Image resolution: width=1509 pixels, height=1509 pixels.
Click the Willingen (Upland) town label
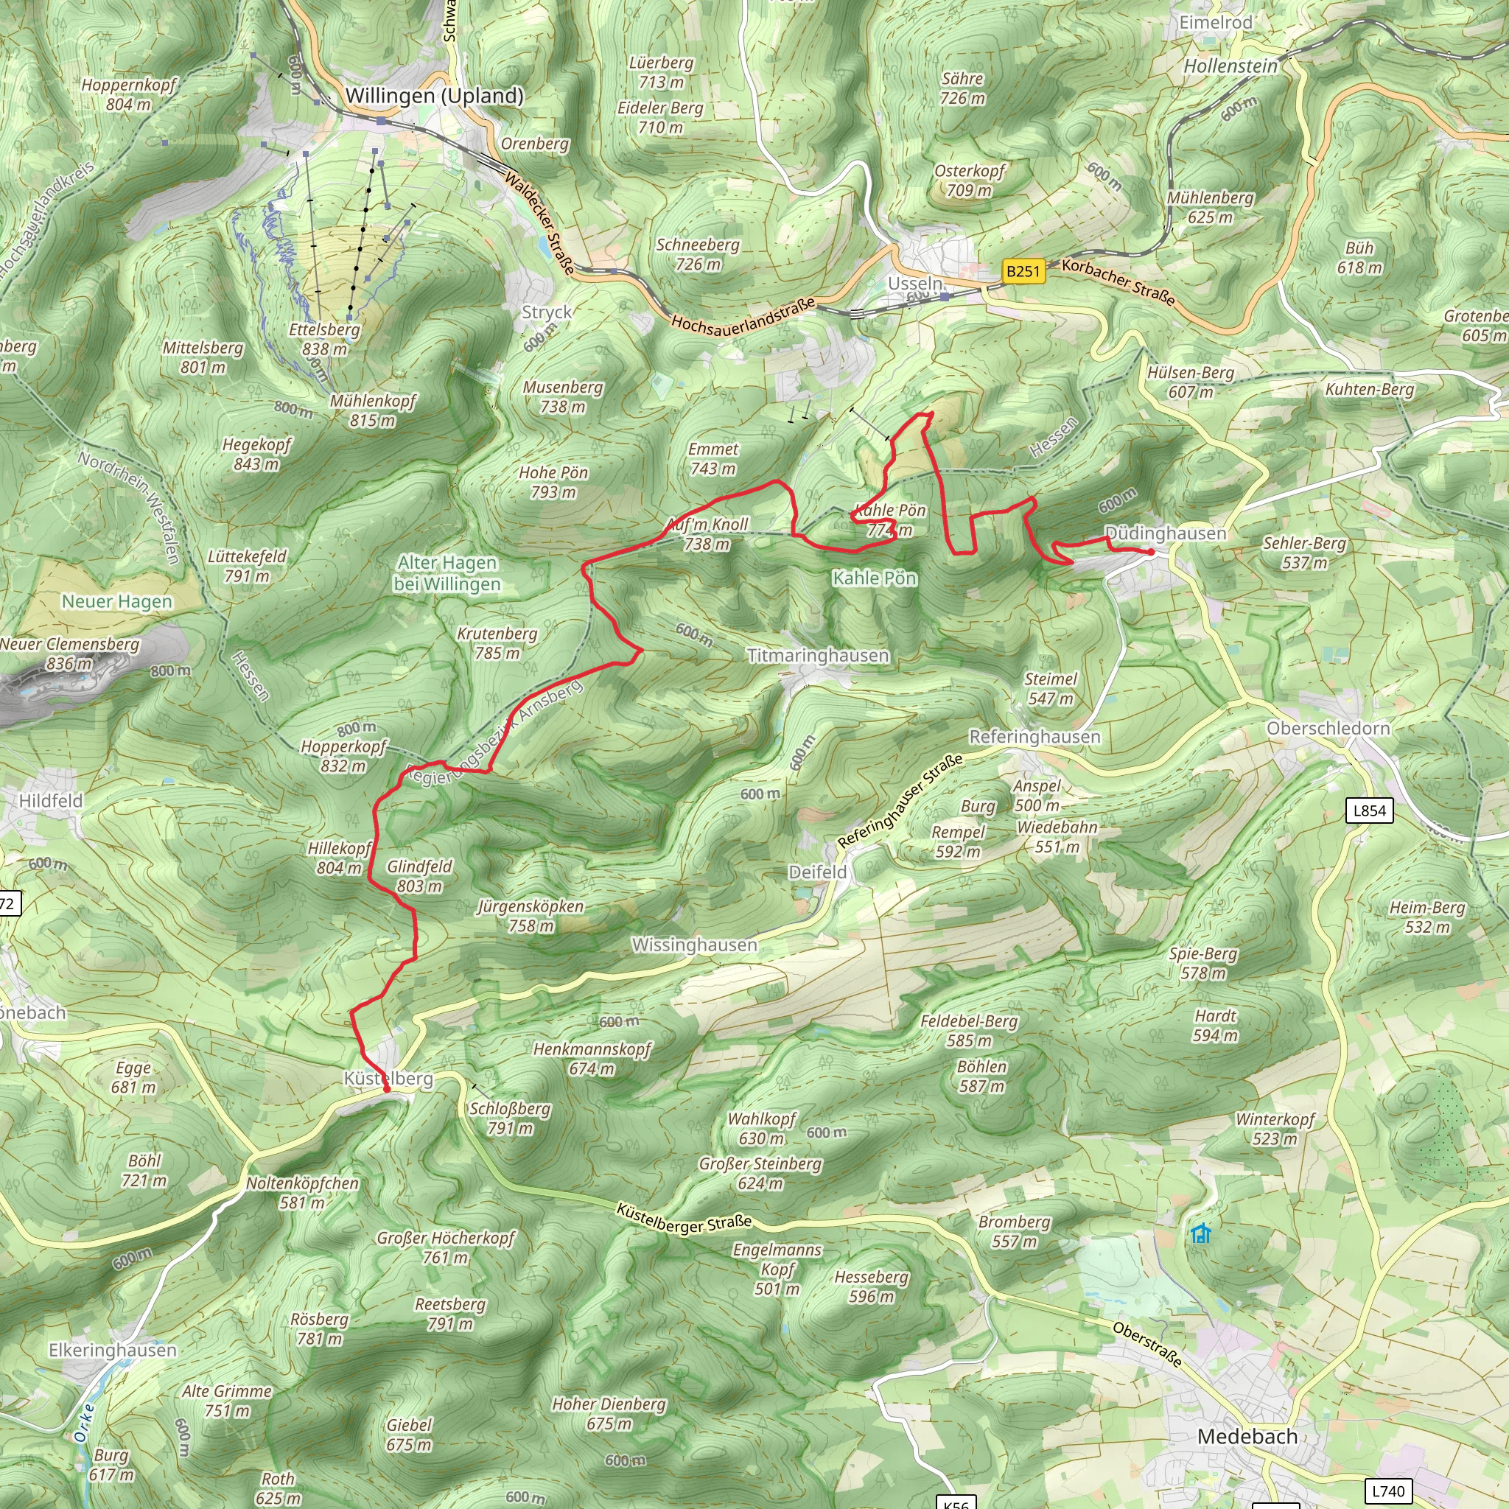click(x=434, y=96)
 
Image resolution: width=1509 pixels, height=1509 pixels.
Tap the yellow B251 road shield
click(x=1023, y=271)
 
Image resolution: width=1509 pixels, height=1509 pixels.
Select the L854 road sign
click(x=1369, y=810)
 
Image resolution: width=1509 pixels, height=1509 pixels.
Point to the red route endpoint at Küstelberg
click(x=387, y=1089)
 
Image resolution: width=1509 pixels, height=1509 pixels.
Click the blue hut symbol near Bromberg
click(x=1200, y=1233)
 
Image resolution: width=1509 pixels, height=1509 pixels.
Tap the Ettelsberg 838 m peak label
click(x=324, y=339)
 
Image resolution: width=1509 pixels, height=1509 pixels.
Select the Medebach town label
click(x=1247, y=1435)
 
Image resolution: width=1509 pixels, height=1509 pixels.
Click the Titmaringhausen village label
click(x=818, y=655)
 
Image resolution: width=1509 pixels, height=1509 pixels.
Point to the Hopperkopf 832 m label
click(x=343, y=755)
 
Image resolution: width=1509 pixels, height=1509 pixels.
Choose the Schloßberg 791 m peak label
click(x=510, y=1118)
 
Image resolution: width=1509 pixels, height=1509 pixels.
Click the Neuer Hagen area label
click(x=117, y=601)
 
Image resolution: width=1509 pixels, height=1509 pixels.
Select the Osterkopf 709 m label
click(x=970, y=181)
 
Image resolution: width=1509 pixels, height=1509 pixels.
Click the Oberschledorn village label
click(x=1328, y=728)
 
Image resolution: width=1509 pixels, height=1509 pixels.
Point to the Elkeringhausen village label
click(x=113, y=1350)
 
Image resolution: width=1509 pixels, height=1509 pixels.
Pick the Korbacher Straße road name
click(x=1118, y=282)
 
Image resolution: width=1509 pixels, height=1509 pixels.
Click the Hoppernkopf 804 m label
click(x=129, y=94)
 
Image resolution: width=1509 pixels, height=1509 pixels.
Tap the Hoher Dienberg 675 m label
click(x=609, y=1413)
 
